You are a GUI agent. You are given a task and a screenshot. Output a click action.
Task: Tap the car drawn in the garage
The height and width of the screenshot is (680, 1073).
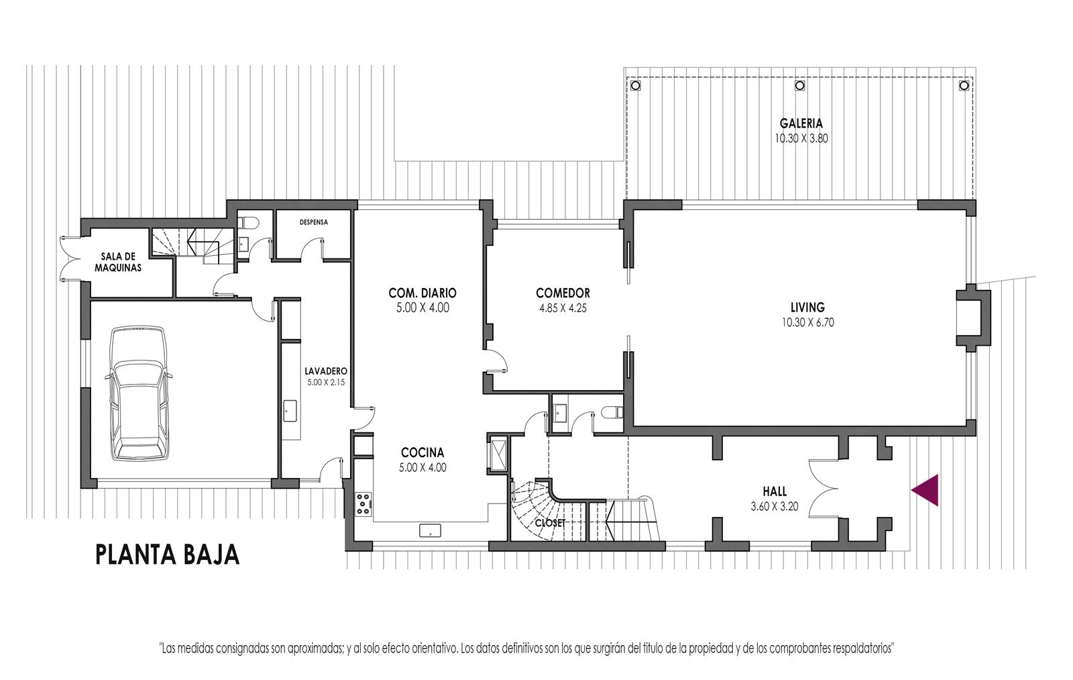[x=138, y=394]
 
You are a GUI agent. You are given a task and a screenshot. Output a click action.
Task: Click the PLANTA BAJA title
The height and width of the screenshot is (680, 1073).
[x=168, y=555]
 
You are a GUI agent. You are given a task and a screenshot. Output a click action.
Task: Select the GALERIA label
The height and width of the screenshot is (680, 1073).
[x=801, y=124]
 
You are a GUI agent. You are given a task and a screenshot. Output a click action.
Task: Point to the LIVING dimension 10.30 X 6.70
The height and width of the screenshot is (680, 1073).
[x=807, y=323]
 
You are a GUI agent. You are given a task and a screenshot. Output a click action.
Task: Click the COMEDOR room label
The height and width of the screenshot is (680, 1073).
[x=563, y=293]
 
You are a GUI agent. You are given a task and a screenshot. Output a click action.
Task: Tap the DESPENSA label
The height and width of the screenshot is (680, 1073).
[x=314, y=222]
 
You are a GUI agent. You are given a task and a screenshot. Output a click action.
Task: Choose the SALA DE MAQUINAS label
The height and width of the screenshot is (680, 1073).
[x=118, y=262]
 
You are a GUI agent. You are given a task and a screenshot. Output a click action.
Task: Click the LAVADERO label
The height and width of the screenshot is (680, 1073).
[x=326, y=371]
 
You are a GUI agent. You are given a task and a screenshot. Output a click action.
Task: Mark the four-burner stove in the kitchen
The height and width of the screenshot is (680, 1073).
[x=364, y=504]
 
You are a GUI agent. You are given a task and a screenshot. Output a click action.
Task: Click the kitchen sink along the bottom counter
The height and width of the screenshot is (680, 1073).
[x=430, y=530]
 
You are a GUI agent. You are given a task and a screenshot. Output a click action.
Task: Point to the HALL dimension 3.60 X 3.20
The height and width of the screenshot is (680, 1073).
[x=775, y=506]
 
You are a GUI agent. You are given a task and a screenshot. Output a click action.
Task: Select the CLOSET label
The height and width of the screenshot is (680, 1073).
[x=551, y=523]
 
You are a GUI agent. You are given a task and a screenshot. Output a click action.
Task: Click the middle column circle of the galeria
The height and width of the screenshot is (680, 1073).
[x=799, y=86]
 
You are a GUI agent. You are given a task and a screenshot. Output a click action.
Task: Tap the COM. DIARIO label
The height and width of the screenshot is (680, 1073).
[x=422, y=293]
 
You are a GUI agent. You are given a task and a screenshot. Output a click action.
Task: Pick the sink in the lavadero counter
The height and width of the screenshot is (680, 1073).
[x=290, y=411]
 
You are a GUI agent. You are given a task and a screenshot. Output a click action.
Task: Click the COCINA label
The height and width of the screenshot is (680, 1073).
[x=422, y=452]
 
